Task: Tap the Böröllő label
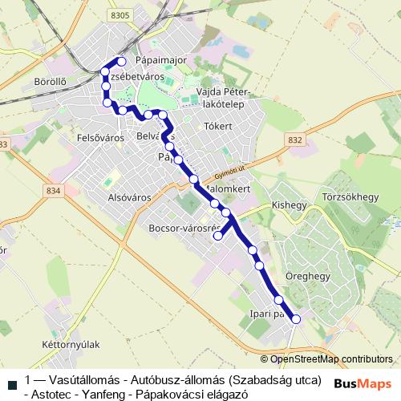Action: [51, 81]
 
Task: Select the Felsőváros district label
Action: [100, 138]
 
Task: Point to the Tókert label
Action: [218, 127]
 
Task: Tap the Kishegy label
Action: [290, 205]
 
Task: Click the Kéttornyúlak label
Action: [70, 344]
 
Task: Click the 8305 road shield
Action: [121, 15]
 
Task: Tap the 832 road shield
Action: [295, 140]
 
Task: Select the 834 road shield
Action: [54, 191]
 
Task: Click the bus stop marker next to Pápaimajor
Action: [122, 61]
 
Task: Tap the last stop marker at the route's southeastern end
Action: [296, 319]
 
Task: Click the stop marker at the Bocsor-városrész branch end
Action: [217, 236]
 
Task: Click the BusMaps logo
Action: [363, 383]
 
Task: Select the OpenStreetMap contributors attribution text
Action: [331, 359]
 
